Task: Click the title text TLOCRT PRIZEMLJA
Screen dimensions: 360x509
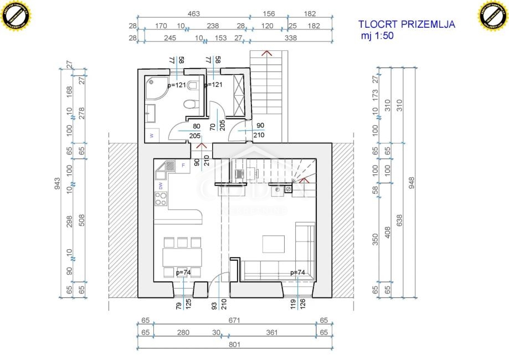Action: point(407,24)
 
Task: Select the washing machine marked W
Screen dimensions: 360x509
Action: point(152,135)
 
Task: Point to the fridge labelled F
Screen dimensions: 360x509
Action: point(183,165)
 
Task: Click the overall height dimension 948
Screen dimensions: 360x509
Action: point(411,183)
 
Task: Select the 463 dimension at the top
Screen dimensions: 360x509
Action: point(193,14)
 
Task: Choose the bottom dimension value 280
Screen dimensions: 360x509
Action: point(183,333)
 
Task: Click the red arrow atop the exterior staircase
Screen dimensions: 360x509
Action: point(267,53)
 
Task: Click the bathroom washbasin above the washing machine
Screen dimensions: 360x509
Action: point(151,113)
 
